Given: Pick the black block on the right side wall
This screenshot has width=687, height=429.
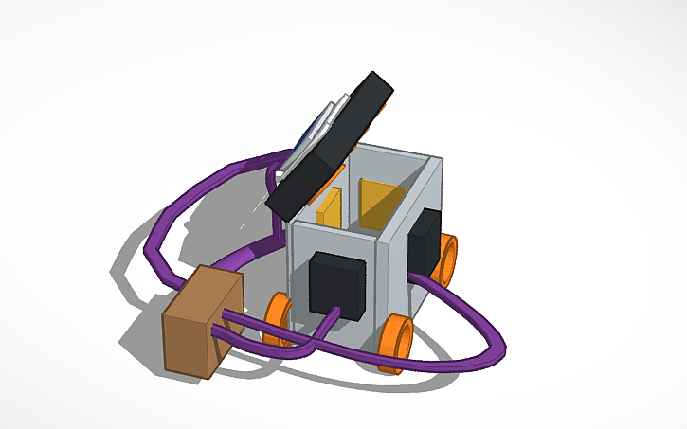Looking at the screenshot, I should point(423,241).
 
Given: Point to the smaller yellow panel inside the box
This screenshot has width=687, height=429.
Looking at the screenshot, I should point(331,208).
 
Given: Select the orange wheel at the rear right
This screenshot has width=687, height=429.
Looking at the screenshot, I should point(445,259).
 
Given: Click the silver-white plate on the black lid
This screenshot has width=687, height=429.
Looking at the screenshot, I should point(316,128).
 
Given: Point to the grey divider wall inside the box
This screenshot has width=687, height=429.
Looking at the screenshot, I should point(352,189).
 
